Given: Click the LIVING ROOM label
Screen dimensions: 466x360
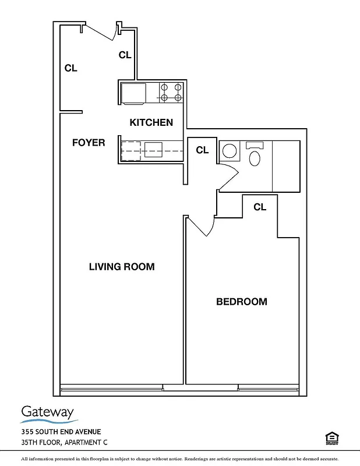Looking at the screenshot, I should [x=121, y=267].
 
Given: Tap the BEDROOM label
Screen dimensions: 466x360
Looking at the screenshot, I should [x=241, y=302].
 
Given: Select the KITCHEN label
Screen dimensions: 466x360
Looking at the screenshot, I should [x=151, y=122].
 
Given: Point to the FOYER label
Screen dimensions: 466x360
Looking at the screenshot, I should [x=89, y=143].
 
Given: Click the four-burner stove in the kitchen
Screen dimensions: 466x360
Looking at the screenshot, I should [x=171, y=92].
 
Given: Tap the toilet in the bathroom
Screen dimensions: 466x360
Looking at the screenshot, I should [x=255, y=156].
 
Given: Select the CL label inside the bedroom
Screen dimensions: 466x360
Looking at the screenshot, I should [x=260, y=207].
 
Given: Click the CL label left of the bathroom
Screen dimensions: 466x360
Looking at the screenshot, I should [x=202, y=150].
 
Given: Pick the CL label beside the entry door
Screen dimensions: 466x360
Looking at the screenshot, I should [x=125, y=55].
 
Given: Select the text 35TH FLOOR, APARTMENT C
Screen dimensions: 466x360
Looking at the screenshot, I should [x=65, y=442].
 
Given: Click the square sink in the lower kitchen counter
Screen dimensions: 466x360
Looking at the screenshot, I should [x=153, y=149].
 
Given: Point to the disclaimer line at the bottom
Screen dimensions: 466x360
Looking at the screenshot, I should [x=180, y=460].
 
